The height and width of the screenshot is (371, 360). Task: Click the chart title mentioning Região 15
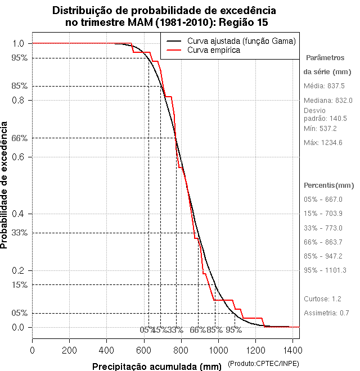click(164, 17)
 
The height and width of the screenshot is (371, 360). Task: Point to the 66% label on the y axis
click(20, 138)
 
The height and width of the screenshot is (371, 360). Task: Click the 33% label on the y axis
click(20, 233)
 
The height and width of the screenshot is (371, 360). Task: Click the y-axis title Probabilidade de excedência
click(5, 185)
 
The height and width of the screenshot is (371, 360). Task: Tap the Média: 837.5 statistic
click(324, 86)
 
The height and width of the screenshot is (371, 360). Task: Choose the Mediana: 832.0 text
click(328, 100)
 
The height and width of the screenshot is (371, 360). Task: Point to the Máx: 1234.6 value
click(323, 142)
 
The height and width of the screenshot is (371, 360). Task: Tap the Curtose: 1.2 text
click(323, 298)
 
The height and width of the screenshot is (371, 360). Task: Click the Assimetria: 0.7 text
click(327, 313)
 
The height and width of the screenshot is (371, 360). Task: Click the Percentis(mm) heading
click(329, 185)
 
